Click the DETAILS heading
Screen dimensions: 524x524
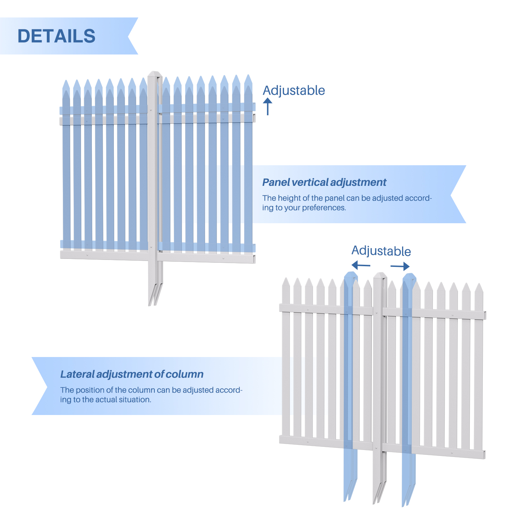click(x=56, y=36)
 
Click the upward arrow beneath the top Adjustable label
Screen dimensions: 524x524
click(x=268, y=106)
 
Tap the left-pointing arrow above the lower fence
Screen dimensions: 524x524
click(x=361, y=265)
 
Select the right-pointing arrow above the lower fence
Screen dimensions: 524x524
click(x=400, y=266)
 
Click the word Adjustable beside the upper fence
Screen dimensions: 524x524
click(x=294, y=90)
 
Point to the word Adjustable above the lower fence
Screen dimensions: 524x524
click(x=381, y=251)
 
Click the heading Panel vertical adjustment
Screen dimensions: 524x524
click(x=324, y=182)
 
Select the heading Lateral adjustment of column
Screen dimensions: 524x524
click(x=132, y=374)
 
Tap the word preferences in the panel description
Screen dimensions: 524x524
click(x=323, y=208)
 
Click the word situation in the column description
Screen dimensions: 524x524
click(x=135, y=400)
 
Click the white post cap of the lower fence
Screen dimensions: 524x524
click(x=380, y=276)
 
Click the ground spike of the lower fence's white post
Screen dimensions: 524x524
click(x=379, y=491)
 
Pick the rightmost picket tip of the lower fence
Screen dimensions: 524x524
click(x=479, y=288)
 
